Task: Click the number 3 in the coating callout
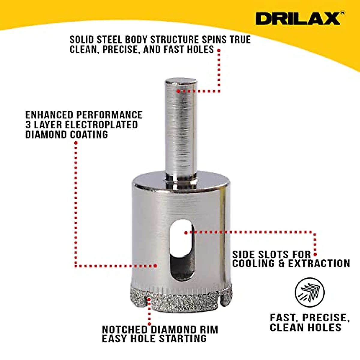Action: click(28, 125)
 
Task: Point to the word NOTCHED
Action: click(125, 329)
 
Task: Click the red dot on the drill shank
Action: click(178, 91)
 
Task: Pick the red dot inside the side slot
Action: click(186, 232)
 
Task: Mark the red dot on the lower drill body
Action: click(155, 265)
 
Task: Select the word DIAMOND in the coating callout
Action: click(46, 135)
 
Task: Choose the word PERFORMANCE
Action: click(109, 115)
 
